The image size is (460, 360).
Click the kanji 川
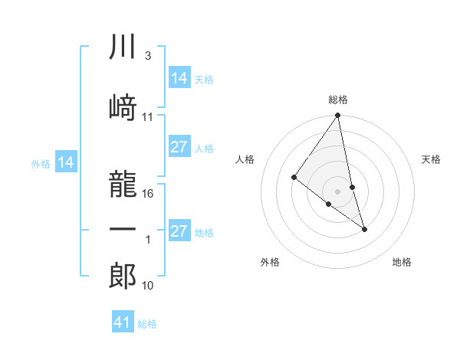point(123,47)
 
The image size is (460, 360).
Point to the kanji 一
point(123,229)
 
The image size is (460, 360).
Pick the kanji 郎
point(123,275)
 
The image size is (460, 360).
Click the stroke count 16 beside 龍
point(149,194)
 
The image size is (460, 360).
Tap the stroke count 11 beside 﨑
point(148,117)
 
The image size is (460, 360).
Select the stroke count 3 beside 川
point(147,57)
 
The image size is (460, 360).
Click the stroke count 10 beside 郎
point(149,286)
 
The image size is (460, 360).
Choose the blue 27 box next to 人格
point(179,148)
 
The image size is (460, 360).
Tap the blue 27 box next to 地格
point(179,232)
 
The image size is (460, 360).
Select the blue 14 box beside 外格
point(66,162)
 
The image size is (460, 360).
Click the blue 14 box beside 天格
point(179,77)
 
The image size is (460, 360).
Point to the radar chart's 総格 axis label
point(338,100)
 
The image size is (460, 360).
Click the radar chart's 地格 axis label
point(402,262)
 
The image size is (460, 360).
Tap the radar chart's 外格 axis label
point(270,262)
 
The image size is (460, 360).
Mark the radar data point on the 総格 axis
point(338,116)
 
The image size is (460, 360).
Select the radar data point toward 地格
point(364,228)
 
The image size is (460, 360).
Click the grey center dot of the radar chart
point(338,191)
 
